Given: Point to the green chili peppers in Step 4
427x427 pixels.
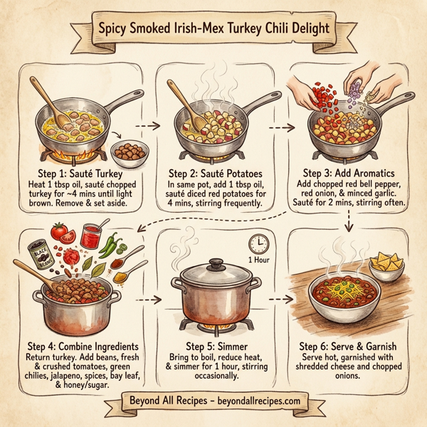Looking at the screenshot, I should click(x=109, y=246).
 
